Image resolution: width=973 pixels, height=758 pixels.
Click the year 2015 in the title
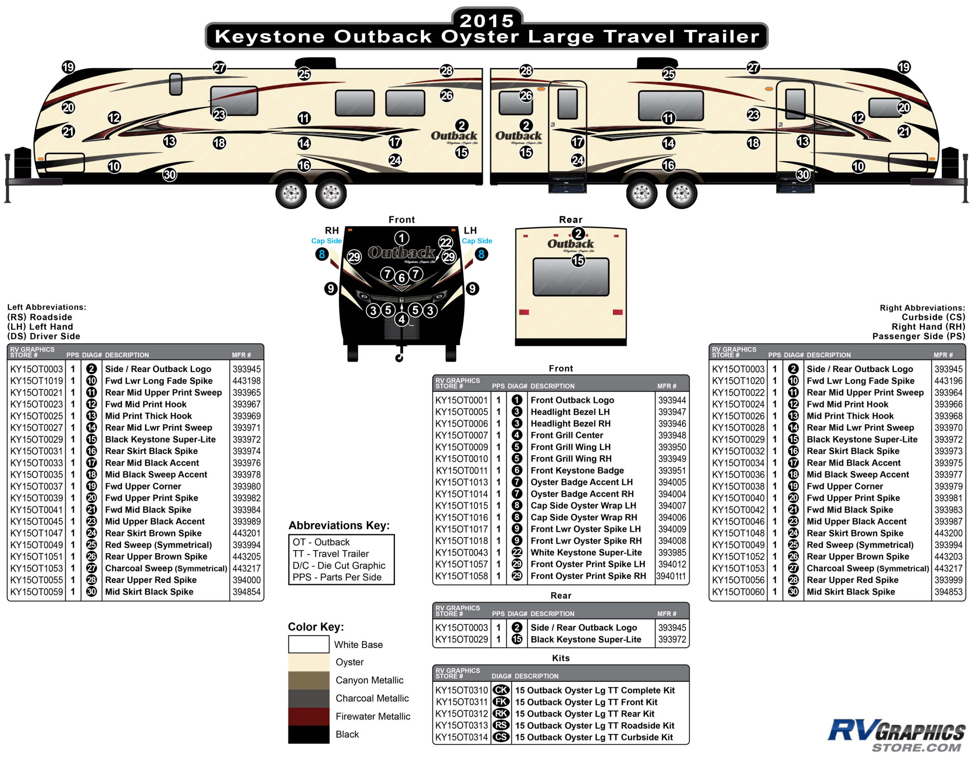[x=486, y=21]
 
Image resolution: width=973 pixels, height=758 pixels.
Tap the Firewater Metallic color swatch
[x=308, y=716]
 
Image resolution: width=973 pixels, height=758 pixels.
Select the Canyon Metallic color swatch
[x=308, y=680]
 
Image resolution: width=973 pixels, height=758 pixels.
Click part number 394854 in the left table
[x=246, y=592]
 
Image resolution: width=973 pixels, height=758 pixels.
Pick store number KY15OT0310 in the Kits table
[x=462, y=690]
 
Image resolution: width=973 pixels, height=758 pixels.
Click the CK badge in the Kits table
[x=501, y=690]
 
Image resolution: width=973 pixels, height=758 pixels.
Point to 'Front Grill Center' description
[x=567, y=435]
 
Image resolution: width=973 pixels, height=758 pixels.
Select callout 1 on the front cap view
[x=401, y=238]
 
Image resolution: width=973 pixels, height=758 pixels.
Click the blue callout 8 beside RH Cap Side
[x=321, y=254]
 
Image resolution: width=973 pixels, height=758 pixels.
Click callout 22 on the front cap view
[x=446, y=242]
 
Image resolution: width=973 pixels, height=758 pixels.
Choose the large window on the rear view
[x=571, y=277]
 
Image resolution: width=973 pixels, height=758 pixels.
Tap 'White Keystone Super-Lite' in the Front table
[x=586, y=553]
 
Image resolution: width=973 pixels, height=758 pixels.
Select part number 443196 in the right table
[x=948, y=381]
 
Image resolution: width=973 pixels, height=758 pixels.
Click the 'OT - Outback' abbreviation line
[x=321, y=542]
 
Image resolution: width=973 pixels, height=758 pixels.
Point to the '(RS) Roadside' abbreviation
[x=40, y=317]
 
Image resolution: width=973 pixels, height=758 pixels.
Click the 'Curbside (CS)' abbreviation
[x=933, y=317]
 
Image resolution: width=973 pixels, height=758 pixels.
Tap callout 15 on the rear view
[x=578, y=261]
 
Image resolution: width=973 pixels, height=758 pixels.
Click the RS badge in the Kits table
[x=501, y=725]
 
